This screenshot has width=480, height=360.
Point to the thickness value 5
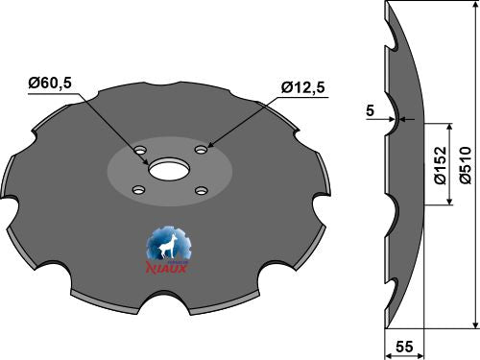370,109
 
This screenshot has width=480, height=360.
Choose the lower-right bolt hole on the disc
202,191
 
